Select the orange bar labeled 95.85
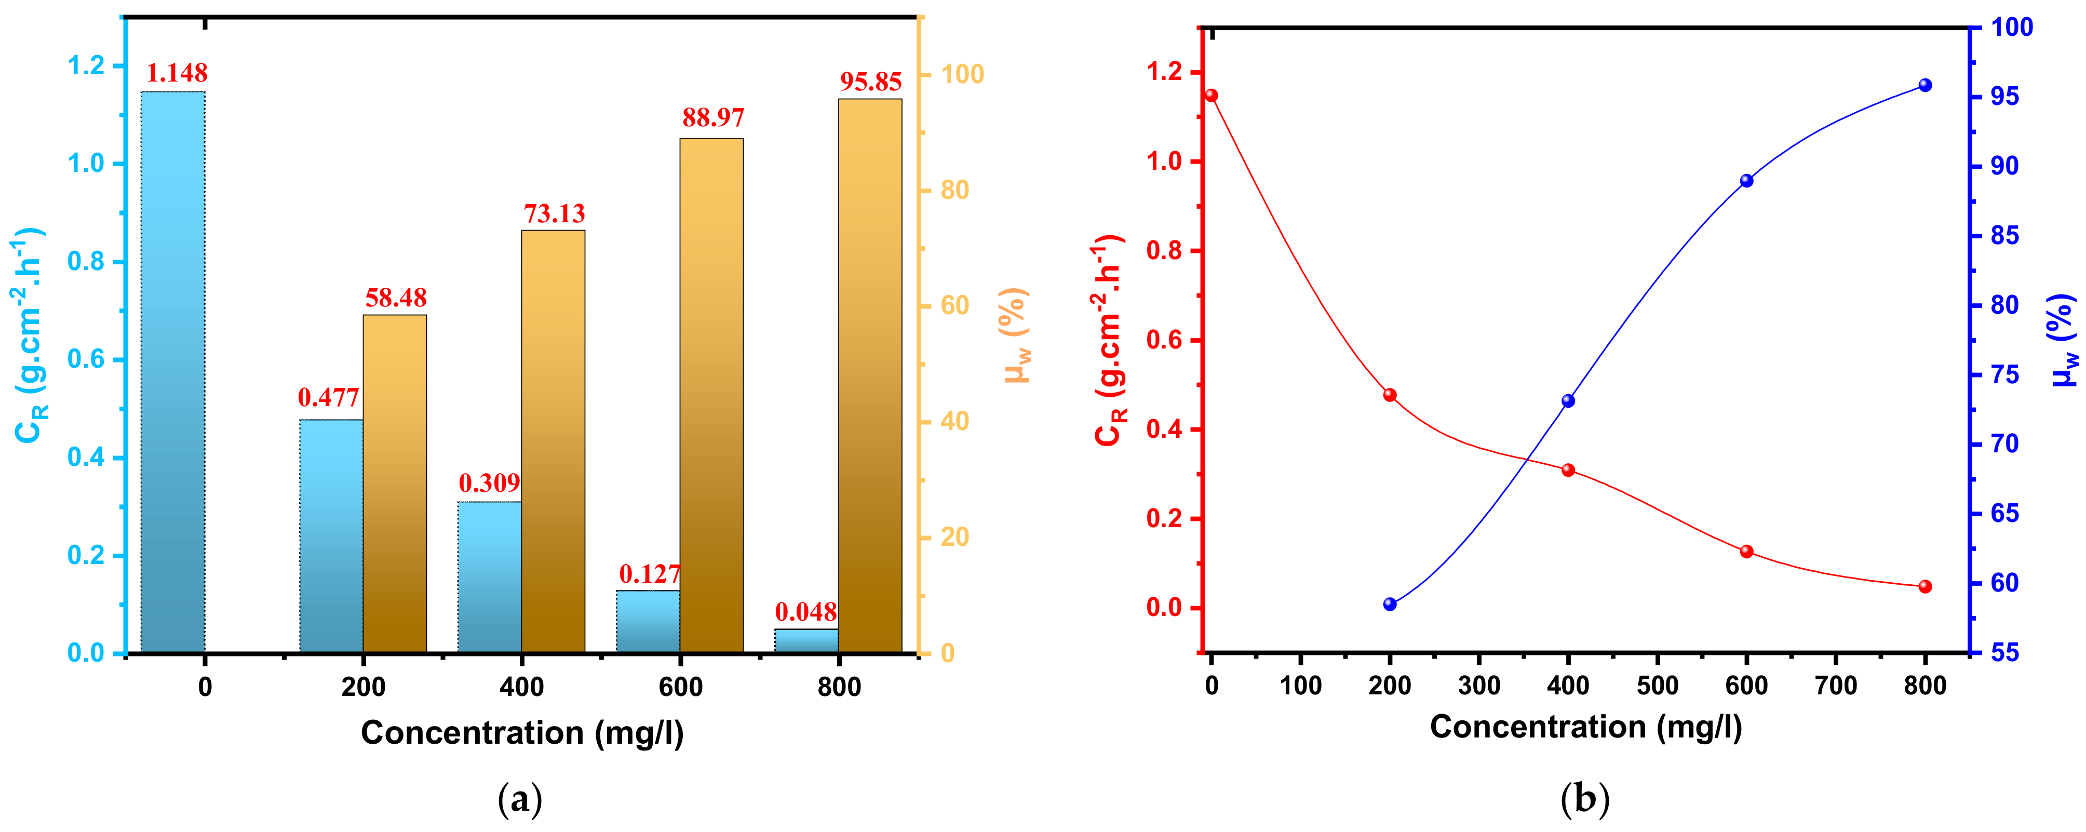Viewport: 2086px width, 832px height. tap(870, 377)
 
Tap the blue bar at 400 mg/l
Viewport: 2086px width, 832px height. tap(489, 577)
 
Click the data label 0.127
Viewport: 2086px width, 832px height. tap(650, 574)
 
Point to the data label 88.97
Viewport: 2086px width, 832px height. tap(712, 118)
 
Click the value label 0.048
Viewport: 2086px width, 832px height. tap(806, 612)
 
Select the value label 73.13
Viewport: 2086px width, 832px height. tap(554, 214)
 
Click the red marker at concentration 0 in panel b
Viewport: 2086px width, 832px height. tap(1212, 96)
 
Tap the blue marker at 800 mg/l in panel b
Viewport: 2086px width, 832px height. tap(1925, 86)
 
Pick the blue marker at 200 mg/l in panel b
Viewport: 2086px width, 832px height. tap(1390, 605)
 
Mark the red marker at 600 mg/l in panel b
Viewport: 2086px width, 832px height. tap(1747, 552)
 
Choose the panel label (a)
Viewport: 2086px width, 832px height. tap(519, 800)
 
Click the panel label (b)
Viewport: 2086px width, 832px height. tap(1584, 800)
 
